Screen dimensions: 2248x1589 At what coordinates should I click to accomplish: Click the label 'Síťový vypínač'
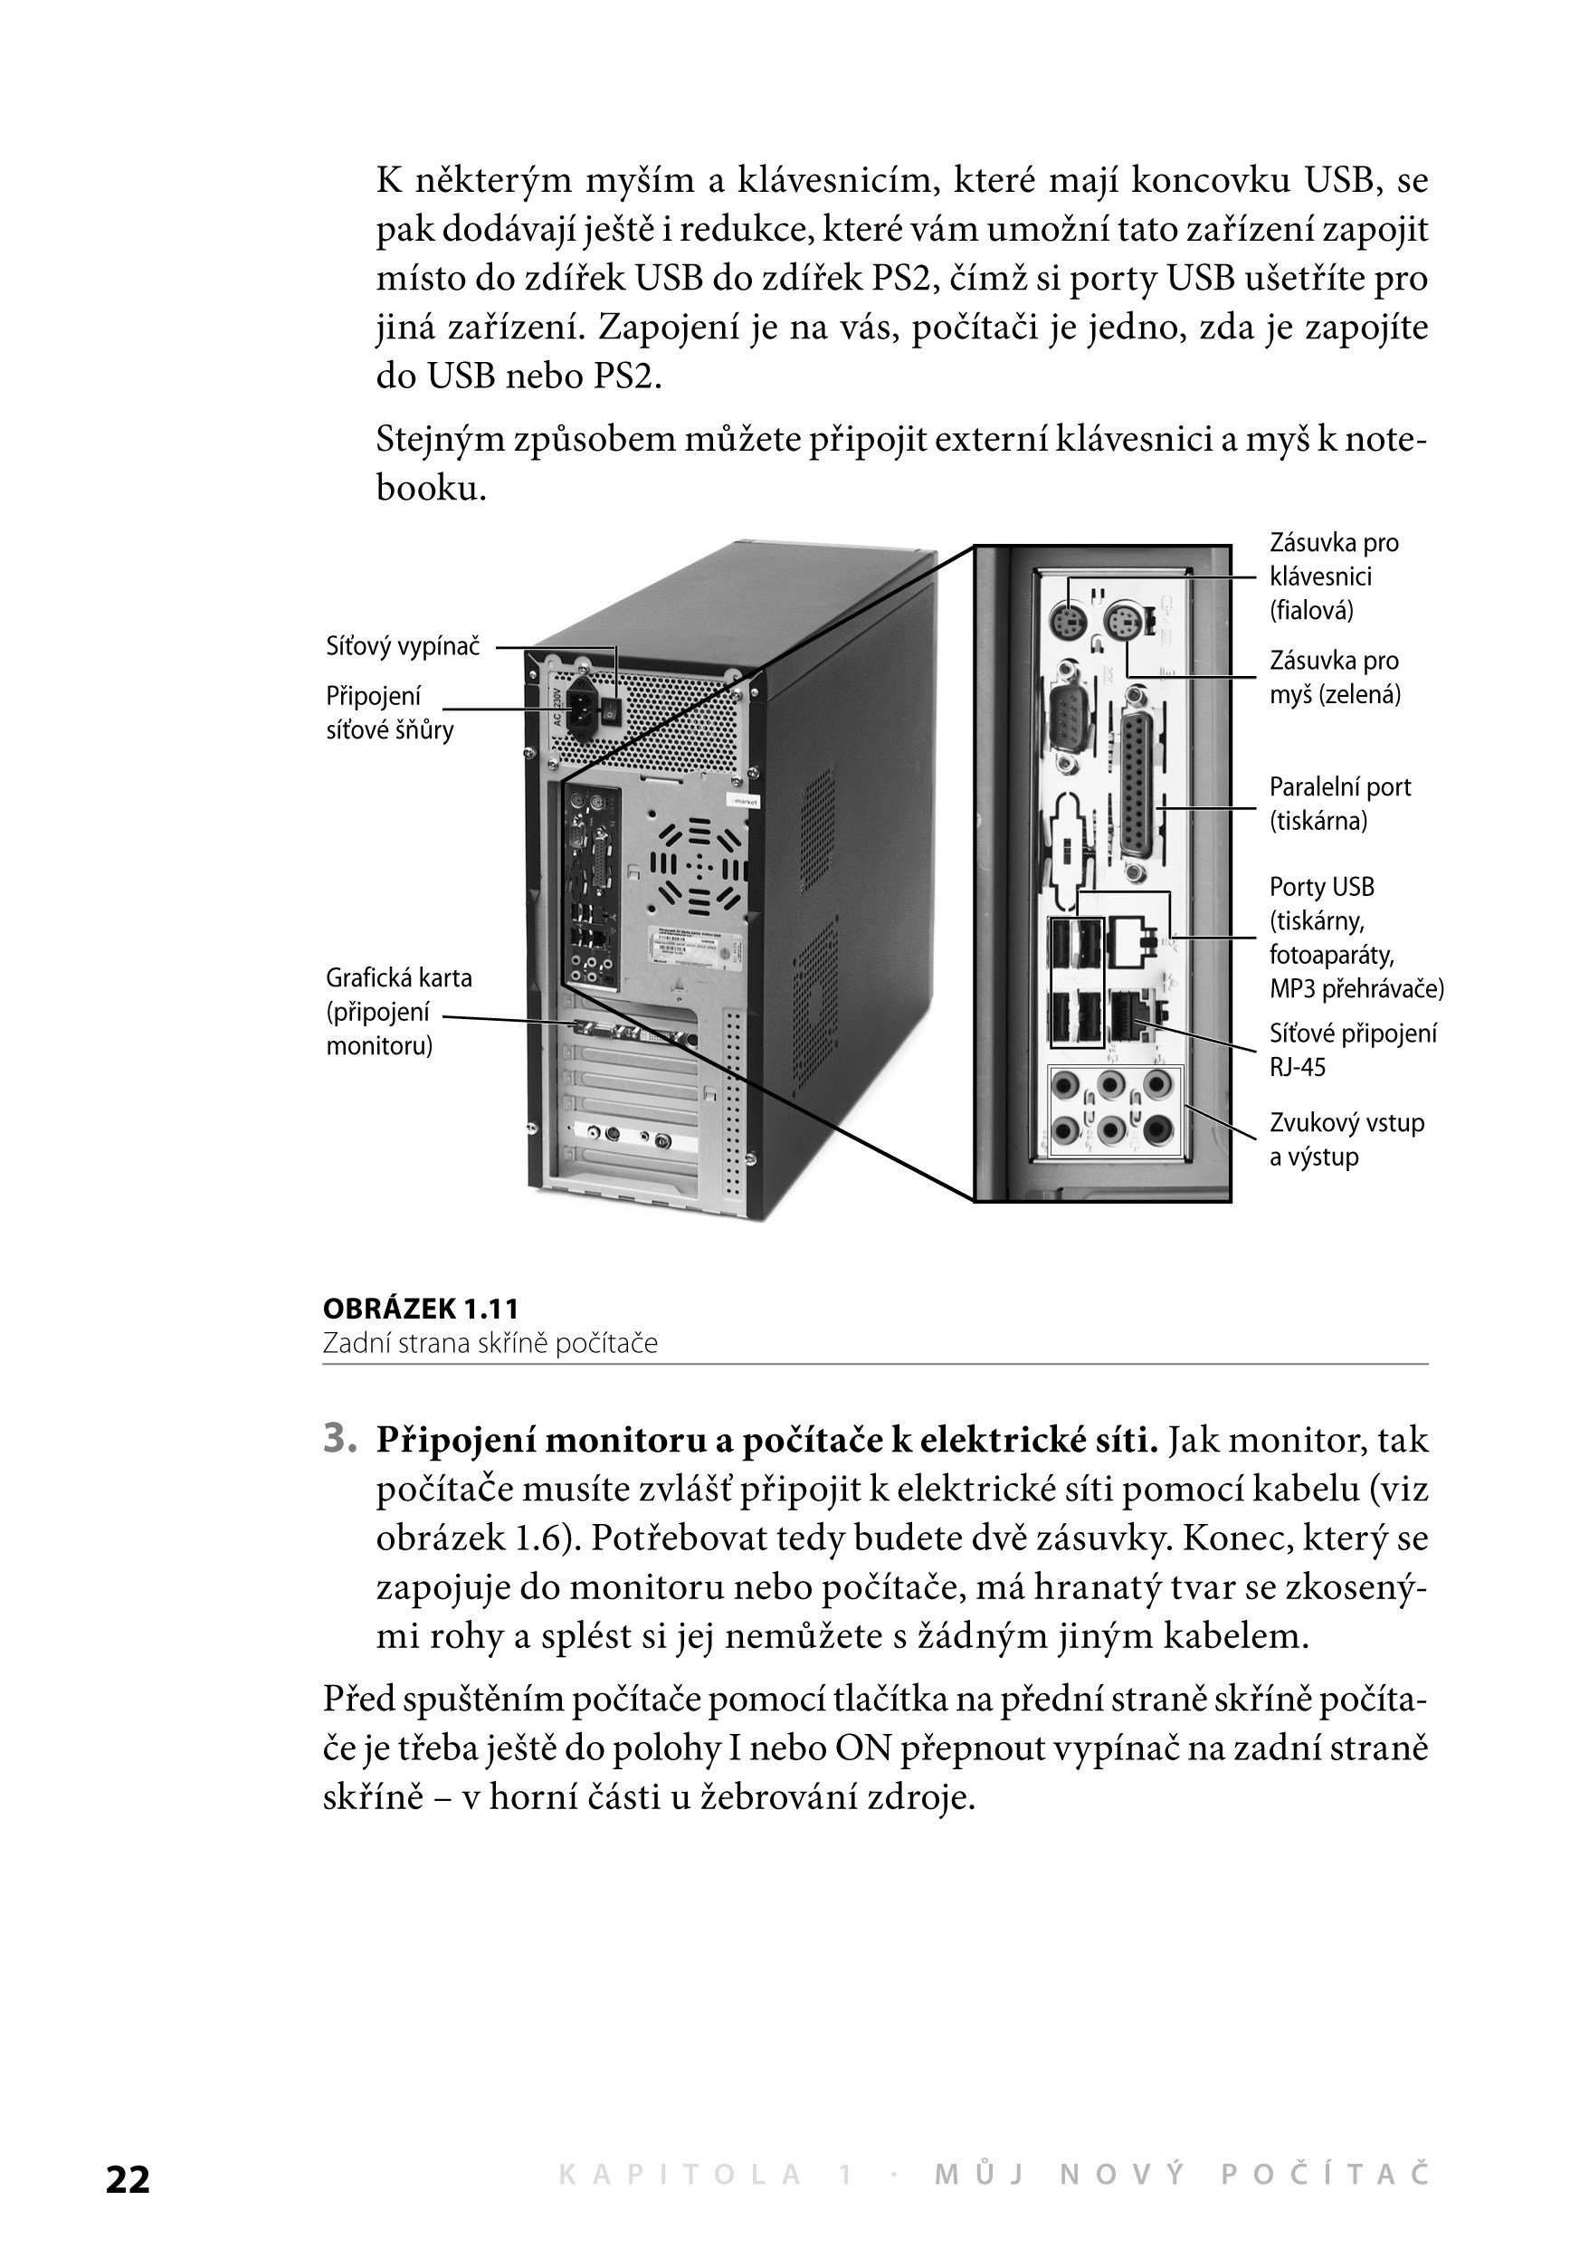point(404,646)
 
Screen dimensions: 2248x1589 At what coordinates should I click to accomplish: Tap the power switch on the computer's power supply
point(612,709)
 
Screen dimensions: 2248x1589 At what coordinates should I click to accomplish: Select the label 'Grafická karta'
point(398,977)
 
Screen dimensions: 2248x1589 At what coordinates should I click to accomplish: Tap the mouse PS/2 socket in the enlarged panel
point(1122,622)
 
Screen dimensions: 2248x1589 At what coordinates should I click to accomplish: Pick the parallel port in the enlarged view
point(1136,774)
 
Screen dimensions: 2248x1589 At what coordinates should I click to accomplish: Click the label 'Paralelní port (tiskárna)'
point(1339,804)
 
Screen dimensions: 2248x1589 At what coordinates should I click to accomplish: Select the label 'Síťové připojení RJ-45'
point(1352,1050)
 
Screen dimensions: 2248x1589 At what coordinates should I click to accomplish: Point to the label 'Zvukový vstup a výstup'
point(1346,1139)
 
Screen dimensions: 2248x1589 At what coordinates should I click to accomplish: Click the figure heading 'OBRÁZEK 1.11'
point(421,1309)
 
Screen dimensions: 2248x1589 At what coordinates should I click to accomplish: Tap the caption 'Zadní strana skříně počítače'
point(490,1343)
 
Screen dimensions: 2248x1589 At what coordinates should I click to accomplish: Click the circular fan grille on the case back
point(699,865)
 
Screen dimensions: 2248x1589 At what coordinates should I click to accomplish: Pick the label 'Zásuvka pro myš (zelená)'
point(1335,678)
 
